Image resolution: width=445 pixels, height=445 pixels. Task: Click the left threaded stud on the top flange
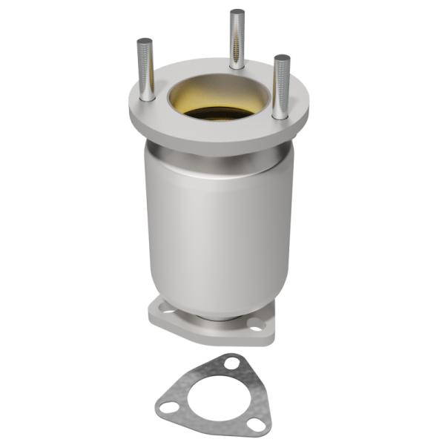click(145, 70)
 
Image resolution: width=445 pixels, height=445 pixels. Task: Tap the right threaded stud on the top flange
click(280, 85)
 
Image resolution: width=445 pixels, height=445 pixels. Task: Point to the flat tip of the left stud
click(144, 41)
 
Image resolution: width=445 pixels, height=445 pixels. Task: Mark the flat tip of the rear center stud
click(237, 12)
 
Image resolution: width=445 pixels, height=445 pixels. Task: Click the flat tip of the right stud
click(281, 58)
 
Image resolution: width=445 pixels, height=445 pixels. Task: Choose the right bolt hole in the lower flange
click(256, 323)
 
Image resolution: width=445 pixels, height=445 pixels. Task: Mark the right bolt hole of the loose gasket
click(257, 424)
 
